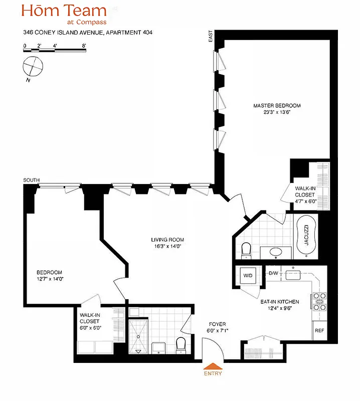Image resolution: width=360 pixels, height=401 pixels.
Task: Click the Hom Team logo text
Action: click(x=64, y=11)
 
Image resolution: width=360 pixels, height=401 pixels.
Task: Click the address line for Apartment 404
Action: click(x=88, y=33)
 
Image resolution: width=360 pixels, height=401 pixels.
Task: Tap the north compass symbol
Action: click(x=34, y=66)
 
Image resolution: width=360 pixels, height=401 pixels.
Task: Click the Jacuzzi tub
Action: click(x=305, y=236)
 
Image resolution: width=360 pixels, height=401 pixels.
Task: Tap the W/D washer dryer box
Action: click(x=248, y=276)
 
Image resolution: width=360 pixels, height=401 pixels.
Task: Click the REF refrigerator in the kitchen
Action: click(x=319, y=331)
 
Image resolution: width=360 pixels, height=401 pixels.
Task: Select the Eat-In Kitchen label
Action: click(x=279, y=302)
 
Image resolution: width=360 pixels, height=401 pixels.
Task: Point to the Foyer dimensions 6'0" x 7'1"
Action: click(x=217, y=330)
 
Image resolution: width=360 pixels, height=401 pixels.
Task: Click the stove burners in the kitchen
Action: click(x=319, y=302)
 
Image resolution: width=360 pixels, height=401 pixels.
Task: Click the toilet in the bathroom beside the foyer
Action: click(x=181, y=344)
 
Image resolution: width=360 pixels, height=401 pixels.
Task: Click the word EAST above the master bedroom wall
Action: click(x=211, y=36)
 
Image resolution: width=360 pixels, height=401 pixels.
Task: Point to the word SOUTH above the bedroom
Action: click(x=31, y=180)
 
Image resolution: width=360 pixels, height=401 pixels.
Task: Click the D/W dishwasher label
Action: click(x=274, y=273)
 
